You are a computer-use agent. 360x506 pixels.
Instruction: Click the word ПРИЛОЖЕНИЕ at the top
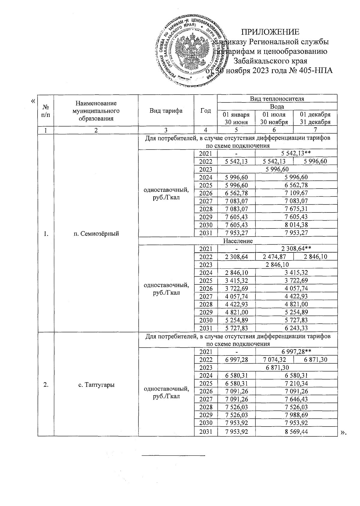[271, 32]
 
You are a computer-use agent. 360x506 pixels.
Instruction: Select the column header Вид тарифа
[166, 111]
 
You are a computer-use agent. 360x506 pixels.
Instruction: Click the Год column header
[205, 111]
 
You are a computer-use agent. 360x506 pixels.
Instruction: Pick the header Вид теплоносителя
[277, 99]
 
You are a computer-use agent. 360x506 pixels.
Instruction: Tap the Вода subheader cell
[277, 107]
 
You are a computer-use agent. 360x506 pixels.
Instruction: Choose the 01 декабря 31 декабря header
[315, 118]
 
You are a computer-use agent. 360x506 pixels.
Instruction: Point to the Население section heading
[238, 241]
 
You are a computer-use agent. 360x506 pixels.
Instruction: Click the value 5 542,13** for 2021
[296, 153]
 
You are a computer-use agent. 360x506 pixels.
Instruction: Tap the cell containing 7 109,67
[296, 193]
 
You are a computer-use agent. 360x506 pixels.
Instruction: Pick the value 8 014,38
[296, 225]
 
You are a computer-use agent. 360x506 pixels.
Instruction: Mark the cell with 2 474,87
[274, 257]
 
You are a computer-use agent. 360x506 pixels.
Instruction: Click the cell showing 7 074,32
[274, 360]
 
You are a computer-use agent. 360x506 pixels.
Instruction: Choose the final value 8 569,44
[296, 432]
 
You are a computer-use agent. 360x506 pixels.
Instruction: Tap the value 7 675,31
[296, 209]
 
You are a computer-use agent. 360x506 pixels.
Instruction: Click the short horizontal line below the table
[173, 456]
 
